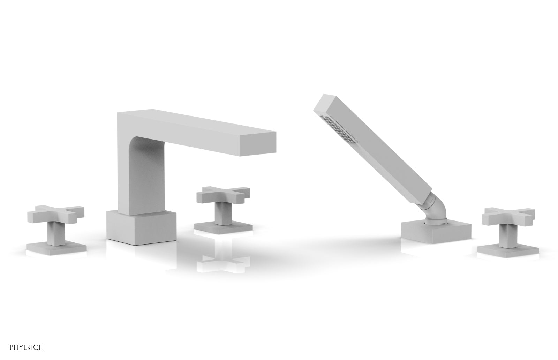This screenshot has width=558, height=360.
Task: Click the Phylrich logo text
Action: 28,347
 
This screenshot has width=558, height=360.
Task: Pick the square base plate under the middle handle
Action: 224,228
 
